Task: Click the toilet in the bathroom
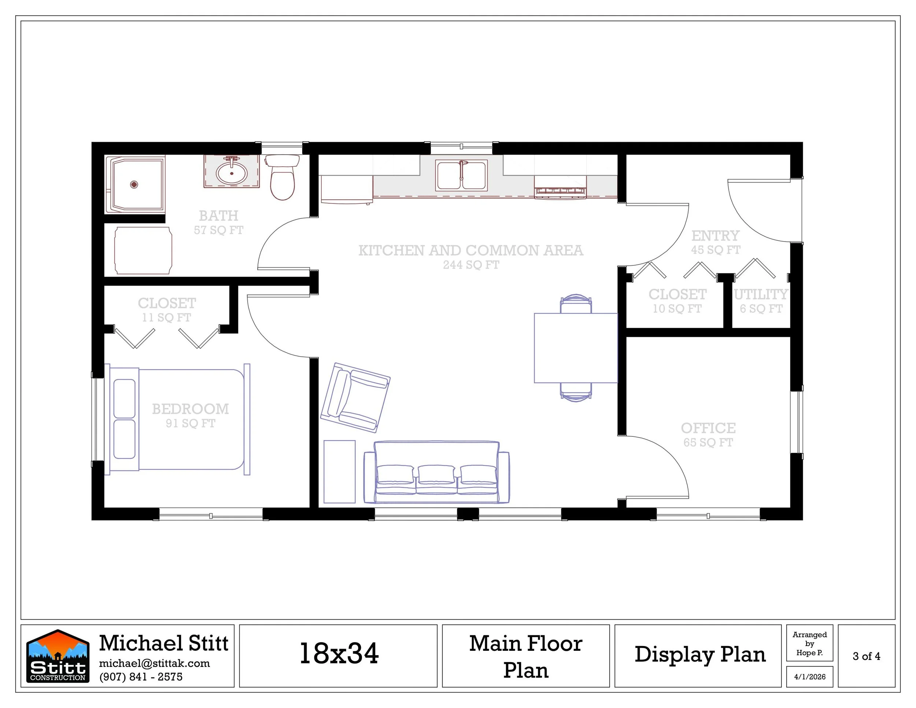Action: (x=283, y=177)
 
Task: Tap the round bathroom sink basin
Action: (x=232, y=173)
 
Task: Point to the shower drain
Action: (x=134, y=184)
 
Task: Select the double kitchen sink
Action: (x=461, y=175)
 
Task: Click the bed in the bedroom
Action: (x=177, y=419)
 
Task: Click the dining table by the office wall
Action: (x=576, y=348)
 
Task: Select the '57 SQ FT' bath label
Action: (x=218, y=230)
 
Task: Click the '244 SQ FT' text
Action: (x=471, y=265)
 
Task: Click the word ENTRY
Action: (x=716, y=235)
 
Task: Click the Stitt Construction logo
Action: (x=58, y=656)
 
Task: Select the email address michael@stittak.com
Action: (x=154, y=663)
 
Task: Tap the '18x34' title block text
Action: (x=339, y=653)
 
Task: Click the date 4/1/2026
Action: (x=809, y=676)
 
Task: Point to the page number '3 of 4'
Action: (x=867, y=656)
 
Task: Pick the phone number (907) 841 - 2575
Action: (x=141, y=676)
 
